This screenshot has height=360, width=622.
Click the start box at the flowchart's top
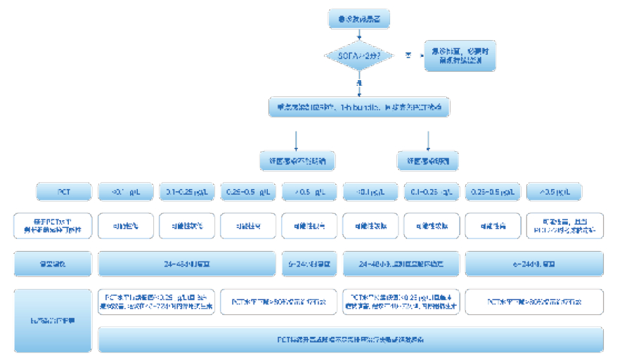[358, 19]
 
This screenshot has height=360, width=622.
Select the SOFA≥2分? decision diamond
[359, 55]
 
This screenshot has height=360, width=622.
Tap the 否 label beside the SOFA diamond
[408, 54]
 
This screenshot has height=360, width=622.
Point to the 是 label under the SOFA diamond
[359, 84]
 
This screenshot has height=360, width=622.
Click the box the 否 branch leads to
[460, 55]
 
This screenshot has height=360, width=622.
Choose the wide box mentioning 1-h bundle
[359, 108]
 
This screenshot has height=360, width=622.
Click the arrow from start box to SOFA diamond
[359, 34]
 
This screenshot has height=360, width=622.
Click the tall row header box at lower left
[53, 321]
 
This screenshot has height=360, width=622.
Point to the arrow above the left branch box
[297, 140]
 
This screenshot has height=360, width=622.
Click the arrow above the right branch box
[428, 140]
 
